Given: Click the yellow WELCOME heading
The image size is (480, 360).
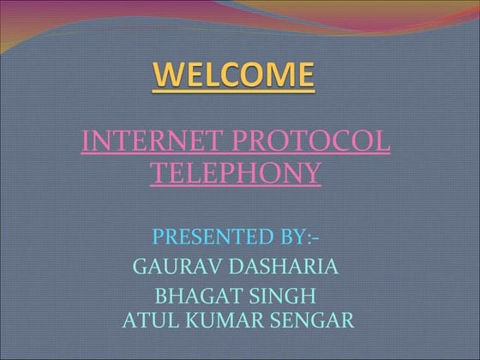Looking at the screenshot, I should pos(234,76).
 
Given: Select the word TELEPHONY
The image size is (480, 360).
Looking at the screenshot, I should pos(236,173).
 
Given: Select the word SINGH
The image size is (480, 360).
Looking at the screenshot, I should pos(285,297).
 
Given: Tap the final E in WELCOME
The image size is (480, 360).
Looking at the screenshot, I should pos(303,76).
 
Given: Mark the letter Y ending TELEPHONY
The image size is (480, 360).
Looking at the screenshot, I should pos(312,173).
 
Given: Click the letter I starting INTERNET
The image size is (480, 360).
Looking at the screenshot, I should pos(85,141).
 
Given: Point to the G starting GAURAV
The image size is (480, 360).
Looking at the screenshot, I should pos(141,267).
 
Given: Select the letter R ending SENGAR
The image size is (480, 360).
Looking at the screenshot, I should pos(346,321).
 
